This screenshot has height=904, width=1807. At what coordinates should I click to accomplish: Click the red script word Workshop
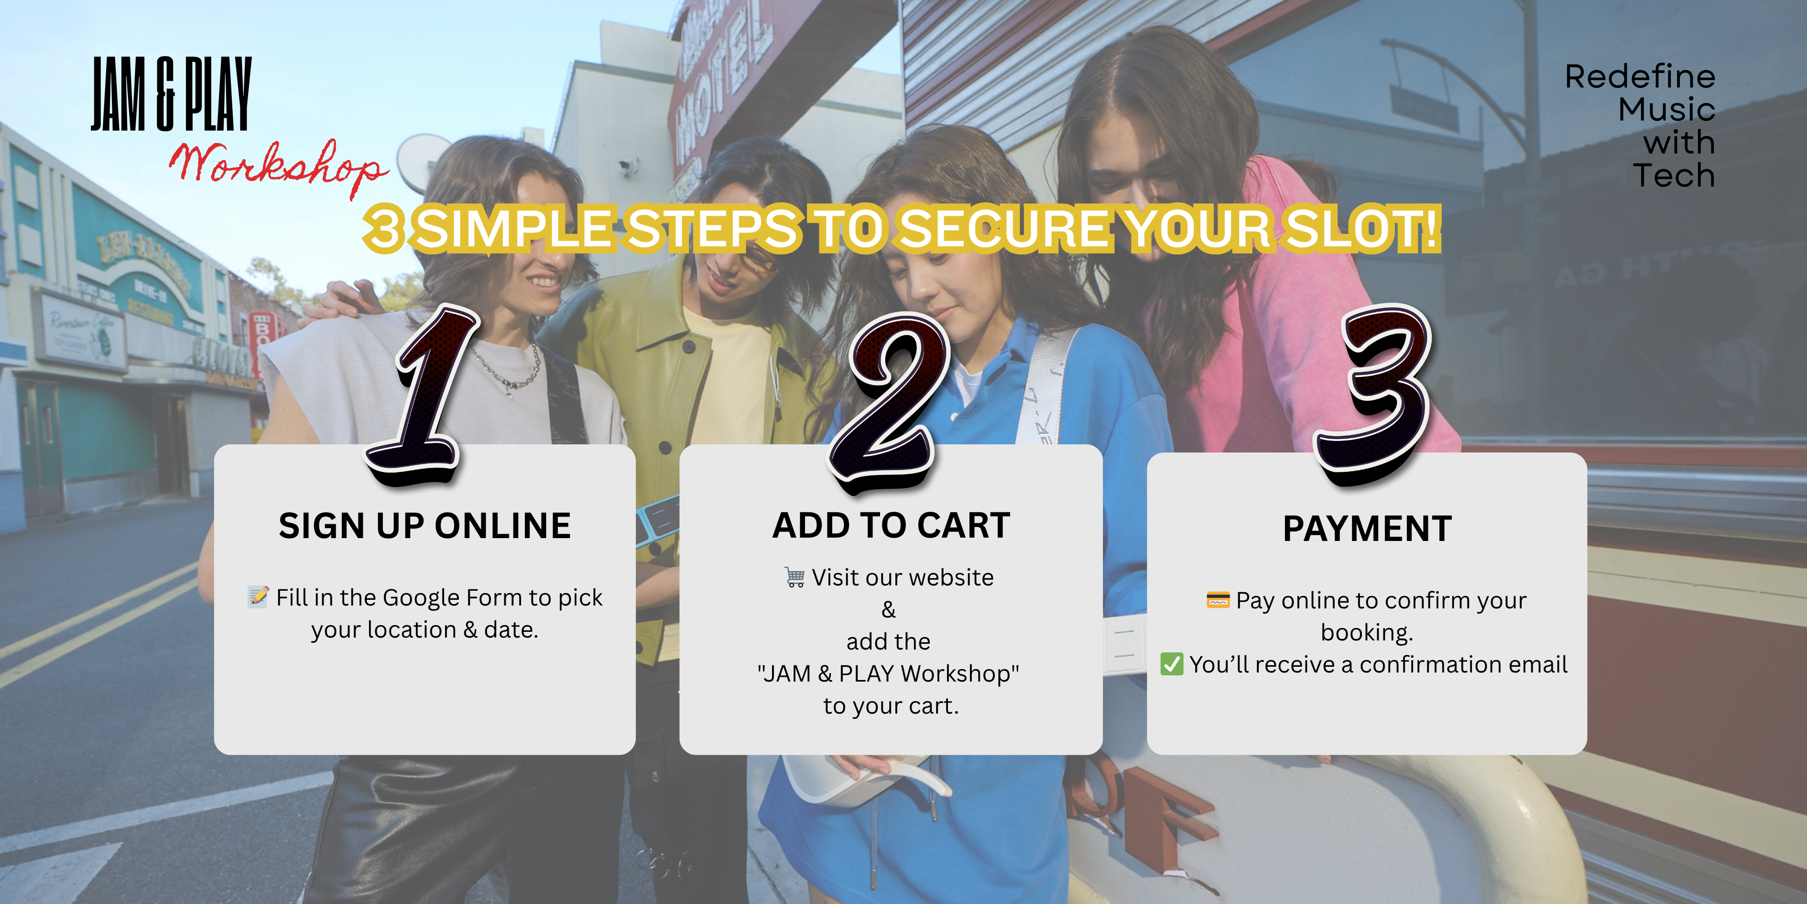[279, 167]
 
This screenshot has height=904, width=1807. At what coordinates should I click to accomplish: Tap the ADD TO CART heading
[891, 525]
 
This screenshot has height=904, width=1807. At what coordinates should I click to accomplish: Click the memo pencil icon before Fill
[258, 596]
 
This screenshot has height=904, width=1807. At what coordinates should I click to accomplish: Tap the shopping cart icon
[795, 577]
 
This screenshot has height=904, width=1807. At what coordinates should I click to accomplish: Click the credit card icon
[1218, 600]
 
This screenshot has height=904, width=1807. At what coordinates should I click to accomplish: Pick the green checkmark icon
[1172, 664]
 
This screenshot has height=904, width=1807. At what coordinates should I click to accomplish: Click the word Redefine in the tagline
[1640, 77]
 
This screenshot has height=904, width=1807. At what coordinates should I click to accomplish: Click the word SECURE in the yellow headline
[1005, 229]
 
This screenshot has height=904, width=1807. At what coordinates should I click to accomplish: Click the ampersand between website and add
[889, 609]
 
